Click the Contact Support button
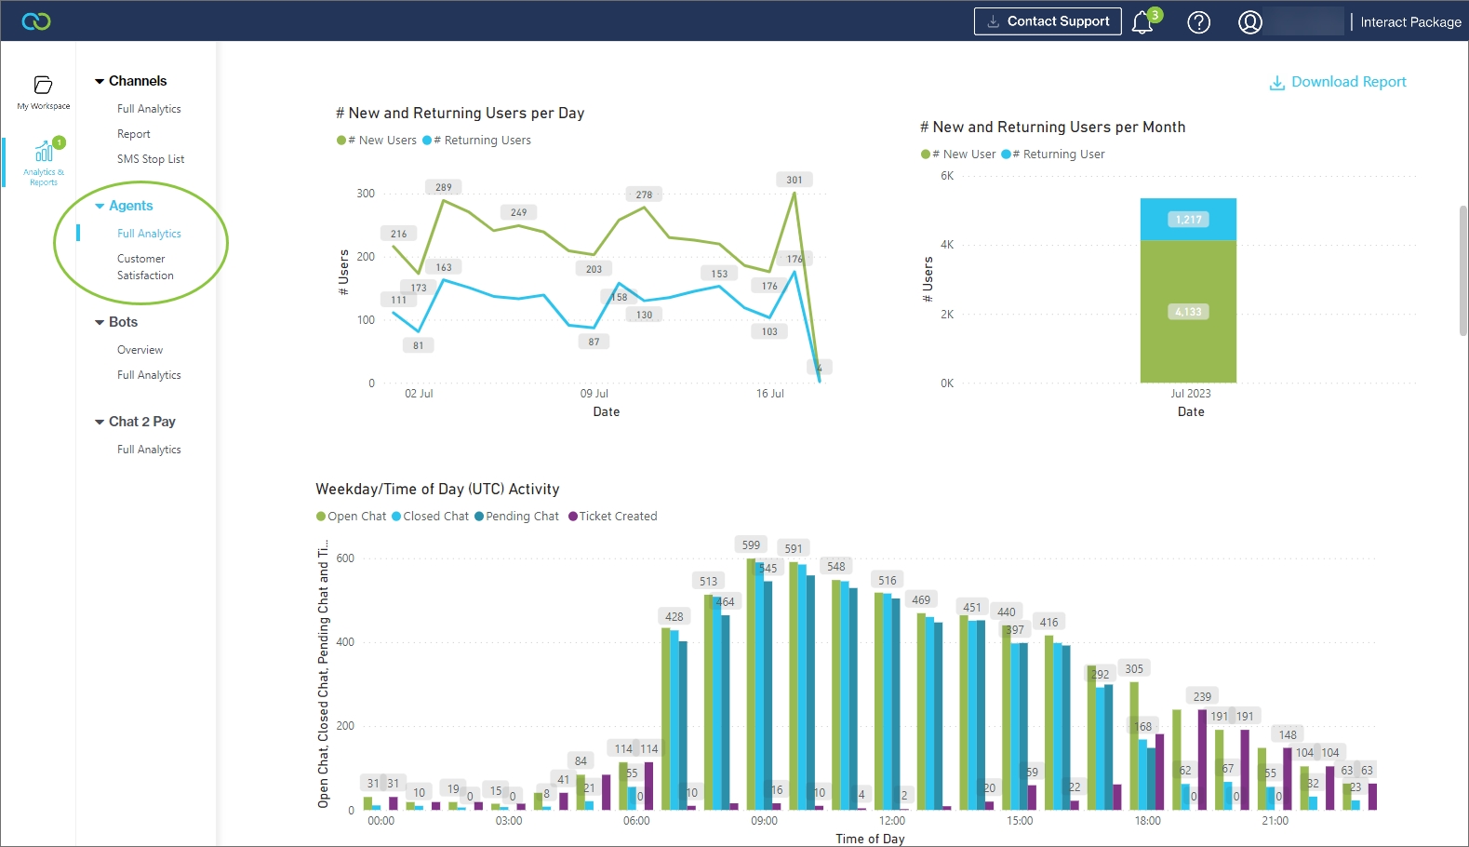coord(1048,21)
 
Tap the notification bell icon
coord(1142,22)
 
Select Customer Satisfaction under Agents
coord(145,267)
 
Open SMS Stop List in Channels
coord(151,159)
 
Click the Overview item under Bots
coord(140,350)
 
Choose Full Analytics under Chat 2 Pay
coord(149,450)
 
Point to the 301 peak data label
coord(794,180)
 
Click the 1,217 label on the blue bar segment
coord(1188,220)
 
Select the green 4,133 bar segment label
coord(1188,312)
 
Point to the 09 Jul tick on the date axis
coord(594,394)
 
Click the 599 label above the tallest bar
coord(751,544)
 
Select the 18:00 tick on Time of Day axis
coord(1147,821)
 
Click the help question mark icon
coord(1199,22)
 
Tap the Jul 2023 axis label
coord(1190,394)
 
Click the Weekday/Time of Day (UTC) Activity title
coord(437,489)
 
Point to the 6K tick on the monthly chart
coord(947,176)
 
